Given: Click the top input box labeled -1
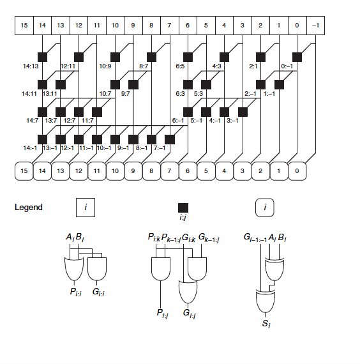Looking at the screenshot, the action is tap(316, 26).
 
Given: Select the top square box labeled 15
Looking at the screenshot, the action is tap(24, 26).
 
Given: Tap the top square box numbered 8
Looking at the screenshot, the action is tap(151, 26).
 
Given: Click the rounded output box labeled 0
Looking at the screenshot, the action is tap(297, 171).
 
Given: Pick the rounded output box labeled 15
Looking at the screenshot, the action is tap(24, 171).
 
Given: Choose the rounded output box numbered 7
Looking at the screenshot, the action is tap(169, 171).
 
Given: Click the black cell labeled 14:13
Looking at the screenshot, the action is tap(43, 57).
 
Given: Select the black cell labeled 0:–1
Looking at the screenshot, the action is tap(297, 57).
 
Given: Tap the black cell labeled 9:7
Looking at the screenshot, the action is tap(133, 84).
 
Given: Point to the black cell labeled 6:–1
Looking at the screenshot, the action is tap(188, 112).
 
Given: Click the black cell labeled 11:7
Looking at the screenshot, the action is tap(97, 112).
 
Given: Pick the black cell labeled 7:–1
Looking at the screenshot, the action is tap(170, 139).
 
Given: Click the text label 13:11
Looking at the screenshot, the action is tap(50, 94).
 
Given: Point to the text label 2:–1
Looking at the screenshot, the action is tap(250, 94).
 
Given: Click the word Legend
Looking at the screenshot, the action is tap(29, 207).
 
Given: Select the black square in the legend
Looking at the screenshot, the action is tap(183, 208).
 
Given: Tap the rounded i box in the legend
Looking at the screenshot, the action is tap(265, 208).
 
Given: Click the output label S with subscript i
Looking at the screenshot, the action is tap(266, 324).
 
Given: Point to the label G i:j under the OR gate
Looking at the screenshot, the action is tap(190, 314).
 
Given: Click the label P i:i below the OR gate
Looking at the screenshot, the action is tap(76, 292).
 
